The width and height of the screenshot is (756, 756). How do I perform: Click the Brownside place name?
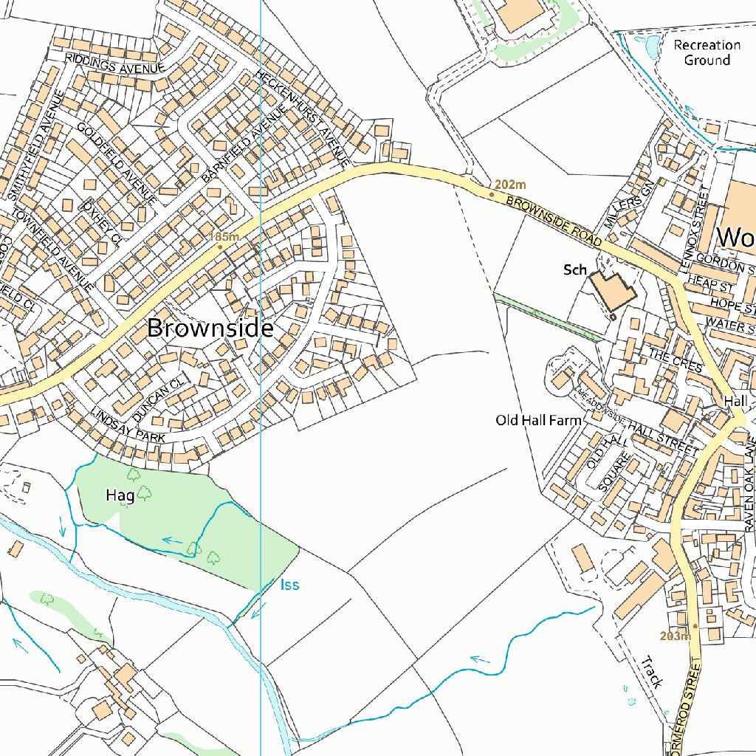click(210, 328)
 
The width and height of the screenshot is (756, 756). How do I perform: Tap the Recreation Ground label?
click(707, 52)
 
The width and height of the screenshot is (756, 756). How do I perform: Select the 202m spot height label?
click(510, 185)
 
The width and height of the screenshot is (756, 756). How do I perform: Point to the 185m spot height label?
click(224, 236)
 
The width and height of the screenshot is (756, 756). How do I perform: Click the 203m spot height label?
click(676, 636)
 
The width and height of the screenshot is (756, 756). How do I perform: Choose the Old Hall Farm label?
click(538, 420)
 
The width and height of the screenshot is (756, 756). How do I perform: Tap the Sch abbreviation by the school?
click(575, 270)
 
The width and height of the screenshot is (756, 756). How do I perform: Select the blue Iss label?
click(290, 585)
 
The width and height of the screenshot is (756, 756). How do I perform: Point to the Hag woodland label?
click(120, 495)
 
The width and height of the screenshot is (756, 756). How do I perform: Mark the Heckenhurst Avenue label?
click(302, 117)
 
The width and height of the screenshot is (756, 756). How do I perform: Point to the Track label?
click(650, 673)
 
